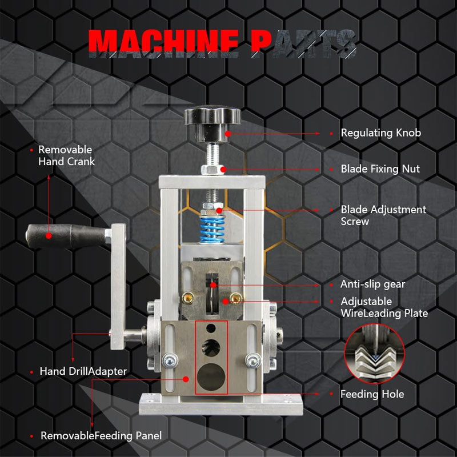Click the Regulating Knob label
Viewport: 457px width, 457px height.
point(380,133)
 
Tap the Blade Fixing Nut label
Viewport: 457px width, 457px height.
point(380,169)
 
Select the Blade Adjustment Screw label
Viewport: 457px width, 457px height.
point(383,215)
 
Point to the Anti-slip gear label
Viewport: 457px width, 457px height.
point(372,284)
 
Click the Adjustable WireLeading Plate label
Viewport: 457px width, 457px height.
point(384,307)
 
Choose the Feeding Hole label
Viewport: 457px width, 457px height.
point(372,394)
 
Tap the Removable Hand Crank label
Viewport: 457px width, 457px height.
point(66,155)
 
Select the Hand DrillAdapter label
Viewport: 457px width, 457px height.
point(83,371)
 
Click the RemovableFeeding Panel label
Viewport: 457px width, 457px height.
point(101,436)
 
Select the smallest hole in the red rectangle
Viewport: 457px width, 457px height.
point(211,330)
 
